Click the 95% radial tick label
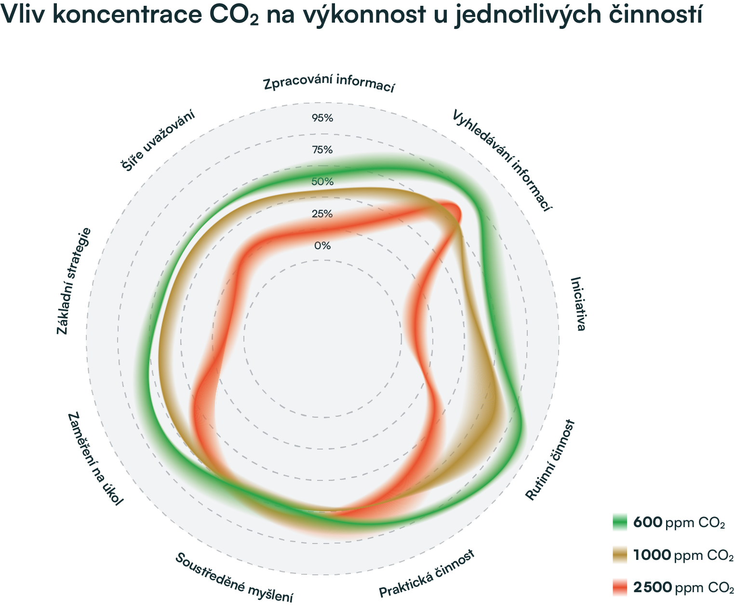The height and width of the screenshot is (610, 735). pyautogui.click(x=322, y=118)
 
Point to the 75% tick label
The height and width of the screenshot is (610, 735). pyautogui.click(x=322, y=150)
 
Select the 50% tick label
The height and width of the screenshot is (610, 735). pyautogui.click(x=322, y=182)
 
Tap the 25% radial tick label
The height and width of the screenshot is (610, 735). pyautogui.click(x=322, y=213)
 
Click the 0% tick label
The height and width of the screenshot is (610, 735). pyautogui.click(x=322, y=246)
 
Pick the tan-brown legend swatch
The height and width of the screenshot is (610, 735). pyautogui.click(x=623, y=562)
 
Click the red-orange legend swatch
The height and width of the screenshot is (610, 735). pyautogui.click(x=623, y=590)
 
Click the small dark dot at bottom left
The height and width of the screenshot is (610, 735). pyautogui.click(x=182, y=556)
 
